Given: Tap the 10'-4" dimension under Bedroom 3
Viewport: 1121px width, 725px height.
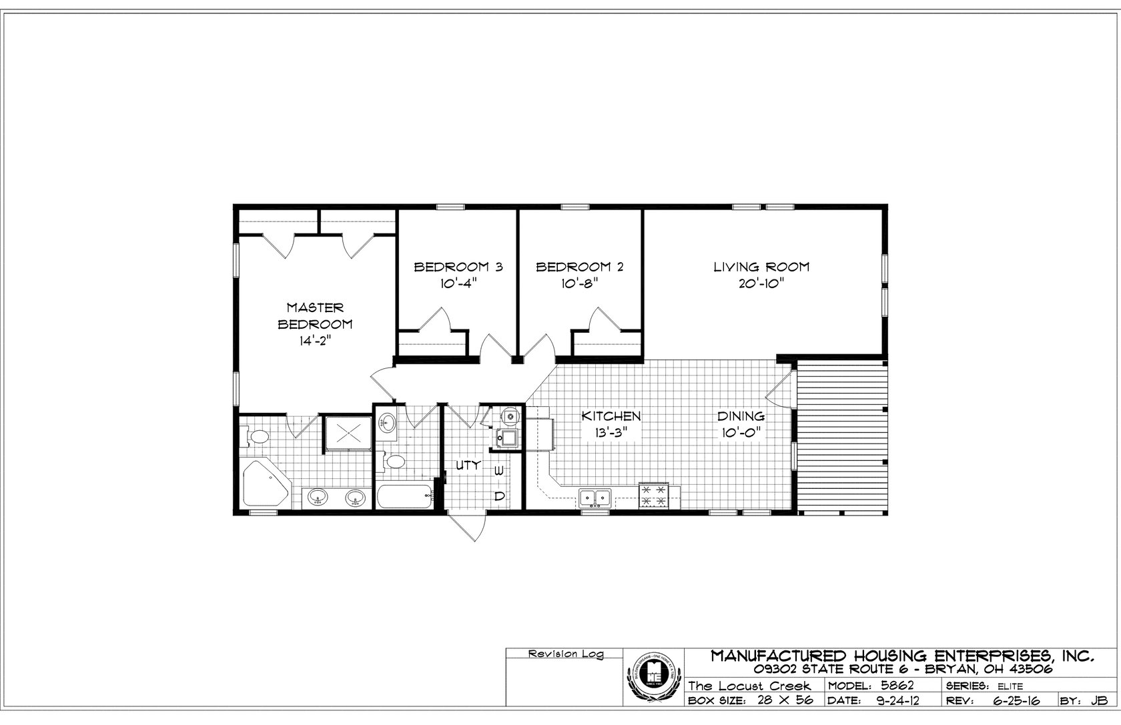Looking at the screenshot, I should coord(458,283).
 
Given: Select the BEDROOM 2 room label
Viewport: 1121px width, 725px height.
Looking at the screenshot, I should coord(580,267).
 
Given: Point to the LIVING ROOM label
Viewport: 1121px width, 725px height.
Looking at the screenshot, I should coord(761,267).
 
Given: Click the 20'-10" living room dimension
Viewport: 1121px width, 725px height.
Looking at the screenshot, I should coord(761,283).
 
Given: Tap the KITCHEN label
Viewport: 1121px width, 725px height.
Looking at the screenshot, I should coord(611,416).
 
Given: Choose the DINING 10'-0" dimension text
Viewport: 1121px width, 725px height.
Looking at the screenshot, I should coord(741,432).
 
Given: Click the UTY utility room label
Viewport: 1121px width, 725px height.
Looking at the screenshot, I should coord(468,466).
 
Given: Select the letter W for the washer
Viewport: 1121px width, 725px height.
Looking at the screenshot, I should coord(498,471).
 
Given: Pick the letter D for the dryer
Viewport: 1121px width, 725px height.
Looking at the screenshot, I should coord(498,496).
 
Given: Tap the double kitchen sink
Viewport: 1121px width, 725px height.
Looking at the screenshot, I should coord(596,497).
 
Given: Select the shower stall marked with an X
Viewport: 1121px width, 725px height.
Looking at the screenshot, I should coord(348,434).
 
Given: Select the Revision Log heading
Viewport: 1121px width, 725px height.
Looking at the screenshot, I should coord(565,654).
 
